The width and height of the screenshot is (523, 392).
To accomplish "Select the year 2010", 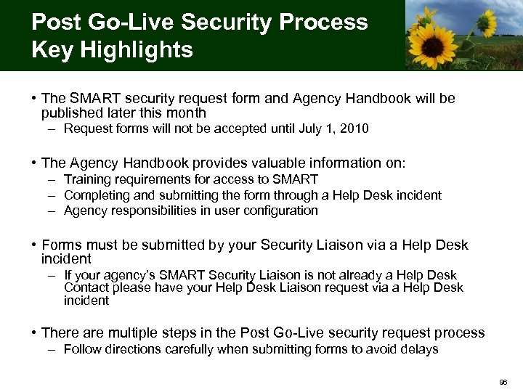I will coord(354,129).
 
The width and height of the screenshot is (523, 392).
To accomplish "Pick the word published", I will coord(71,113).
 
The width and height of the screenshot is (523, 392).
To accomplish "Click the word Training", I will coord(86,179).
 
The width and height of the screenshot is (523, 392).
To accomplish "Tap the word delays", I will coord(421,349).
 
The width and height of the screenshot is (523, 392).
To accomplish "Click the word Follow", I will coord(81,349).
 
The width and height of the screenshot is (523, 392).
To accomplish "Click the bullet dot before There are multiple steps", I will coord(34,333).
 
